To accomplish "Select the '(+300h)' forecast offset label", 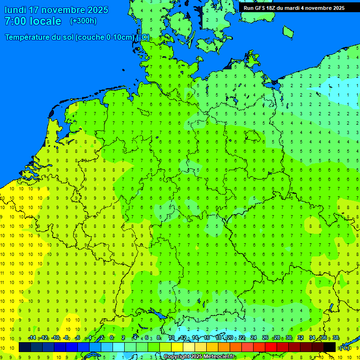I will coord(83,21).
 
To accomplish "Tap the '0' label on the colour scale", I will coord(112,338).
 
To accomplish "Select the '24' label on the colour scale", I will coord(254,338).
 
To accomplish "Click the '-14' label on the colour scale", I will coord(32,338).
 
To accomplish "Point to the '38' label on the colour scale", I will coord(336,338).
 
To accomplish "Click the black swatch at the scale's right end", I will coord(330,347).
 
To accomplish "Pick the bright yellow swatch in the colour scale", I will coord(177,347).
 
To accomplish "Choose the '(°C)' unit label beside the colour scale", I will coord(345,347).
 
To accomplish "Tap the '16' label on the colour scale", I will coord(206,338).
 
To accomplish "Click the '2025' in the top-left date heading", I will coord(98,10).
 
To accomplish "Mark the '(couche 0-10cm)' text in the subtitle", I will coord(105,37).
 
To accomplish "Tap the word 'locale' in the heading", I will coord(46,21).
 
